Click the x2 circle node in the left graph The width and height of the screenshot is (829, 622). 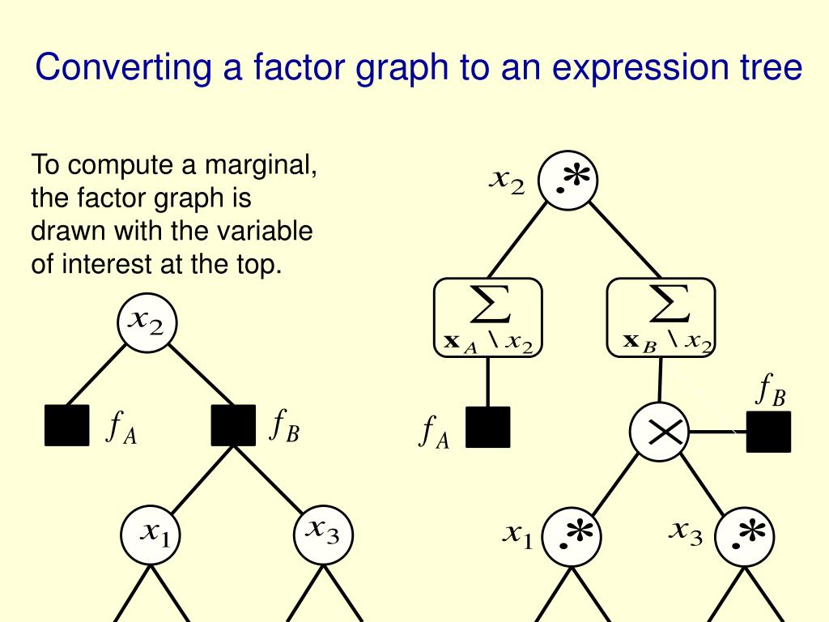coord(147,322)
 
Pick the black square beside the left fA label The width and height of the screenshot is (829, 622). coord(66,425)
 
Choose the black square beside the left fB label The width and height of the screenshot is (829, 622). coord(233,425)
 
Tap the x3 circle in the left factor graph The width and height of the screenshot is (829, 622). coord(322,535)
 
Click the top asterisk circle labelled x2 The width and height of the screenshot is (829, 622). coord(568,180)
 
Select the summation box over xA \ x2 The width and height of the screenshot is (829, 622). coord(487,317)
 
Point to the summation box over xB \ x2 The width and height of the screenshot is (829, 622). coord(661,317)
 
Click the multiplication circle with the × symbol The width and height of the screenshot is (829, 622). coord(659,432)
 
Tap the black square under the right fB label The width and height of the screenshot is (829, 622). coord(768,432)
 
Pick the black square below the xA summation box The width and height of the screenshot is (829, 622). coord(487,427)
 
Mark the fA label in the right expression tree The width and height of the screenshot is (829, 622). coord(433,432)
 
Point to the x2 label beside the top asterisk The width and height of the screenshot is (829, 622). coord(508,181)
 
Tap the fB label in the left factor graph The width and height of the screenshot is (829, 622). coord(284,426)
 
